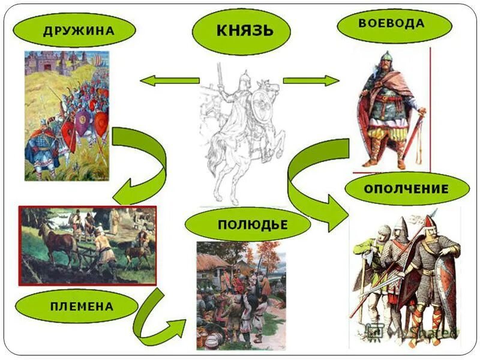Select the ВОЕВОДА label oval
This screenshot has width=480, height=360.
(x=394, y=25)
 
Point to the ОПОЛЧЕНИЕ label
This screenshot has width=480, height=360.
(x=406, y=188)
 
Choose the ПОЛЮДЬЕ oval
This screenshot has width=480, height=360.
(x=247, y=225)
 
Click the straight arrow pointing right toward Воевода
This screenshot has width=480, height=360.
(x=311, y=80)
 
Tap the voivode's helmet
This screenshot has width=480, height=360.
(x=385, y=60)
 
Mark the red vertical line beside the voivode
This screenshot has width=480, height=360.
(x=430, y=108)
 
